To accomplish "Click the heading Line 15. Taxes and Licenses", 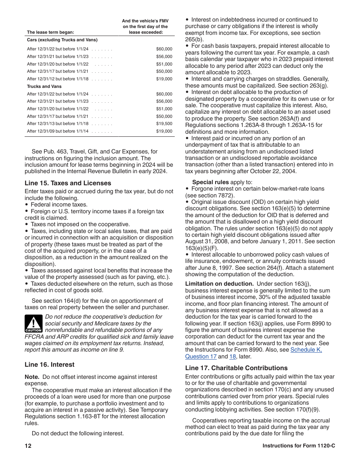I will pyautogui.click(x=68, y=183).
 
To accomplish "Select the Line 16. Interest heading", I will pyautogui.click(x=50, y=364).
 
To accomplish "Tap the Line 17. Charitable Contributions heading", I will pyautogui.click(x=236, y=368).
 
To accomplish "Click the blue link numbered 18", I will pyautogui.click(x=233, y=357).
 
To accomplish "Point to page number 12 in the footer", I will pyautogui.click(x=28, y=446).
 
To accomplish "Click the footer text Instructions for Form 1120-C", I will pyautogui.click(x=299, y=446).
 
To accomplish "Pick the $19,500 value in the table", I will pyautogui.click(x=164, y=124).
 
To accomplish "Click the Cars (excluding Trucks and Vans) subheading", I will pyautogui.click(x=62, y=40).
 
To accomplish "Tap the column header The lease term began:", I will pyautogui.click(x=50, y=32).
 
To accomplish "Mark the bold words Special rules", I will pyautogui.click(x=210, y=182).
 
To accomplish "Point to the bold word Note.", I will pyautogui.click(x=32, y=377).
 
